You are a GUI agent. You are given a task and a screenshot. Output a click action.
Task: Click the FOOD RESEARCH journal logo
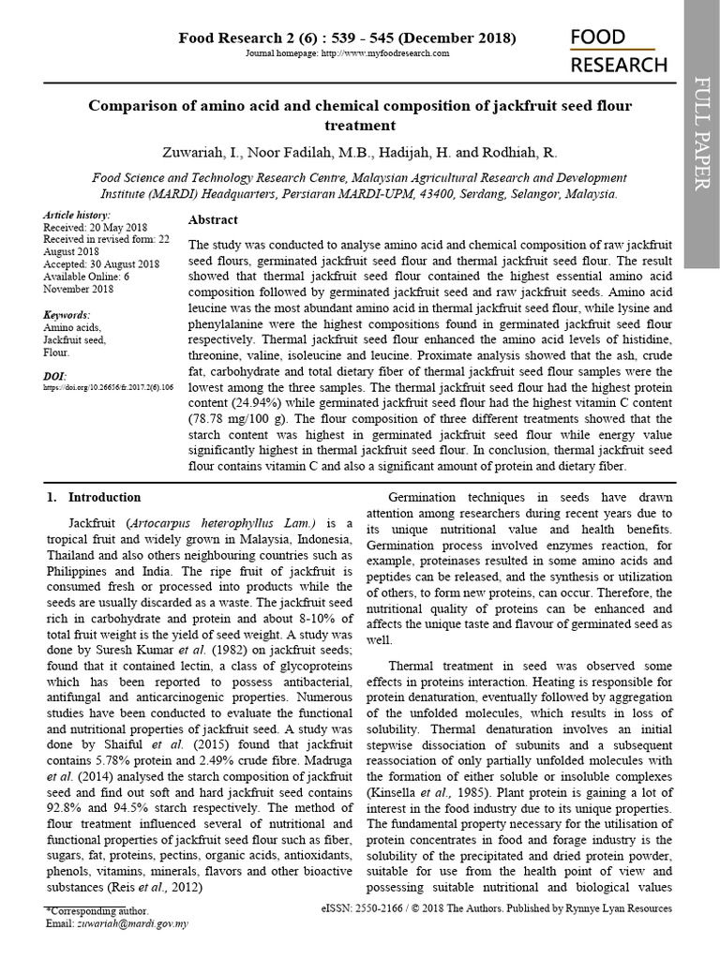pyautogui.click(x=619, y=51)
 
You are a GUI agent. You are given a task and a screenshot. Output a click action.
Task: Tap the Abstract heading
pyautogui.click(x=214, y=219)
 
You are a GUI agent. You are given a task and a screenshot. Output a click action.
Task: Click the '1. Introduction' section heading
pyautogui.click(x=94, y=498)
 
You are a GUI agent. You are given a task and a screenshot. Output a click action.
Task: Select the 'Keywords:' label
pyautogui.click(x=67, y=315)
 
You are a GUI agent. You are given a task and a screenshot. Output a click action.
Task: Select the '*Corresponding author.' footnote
pyautogui.click(x=97, y=910)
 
